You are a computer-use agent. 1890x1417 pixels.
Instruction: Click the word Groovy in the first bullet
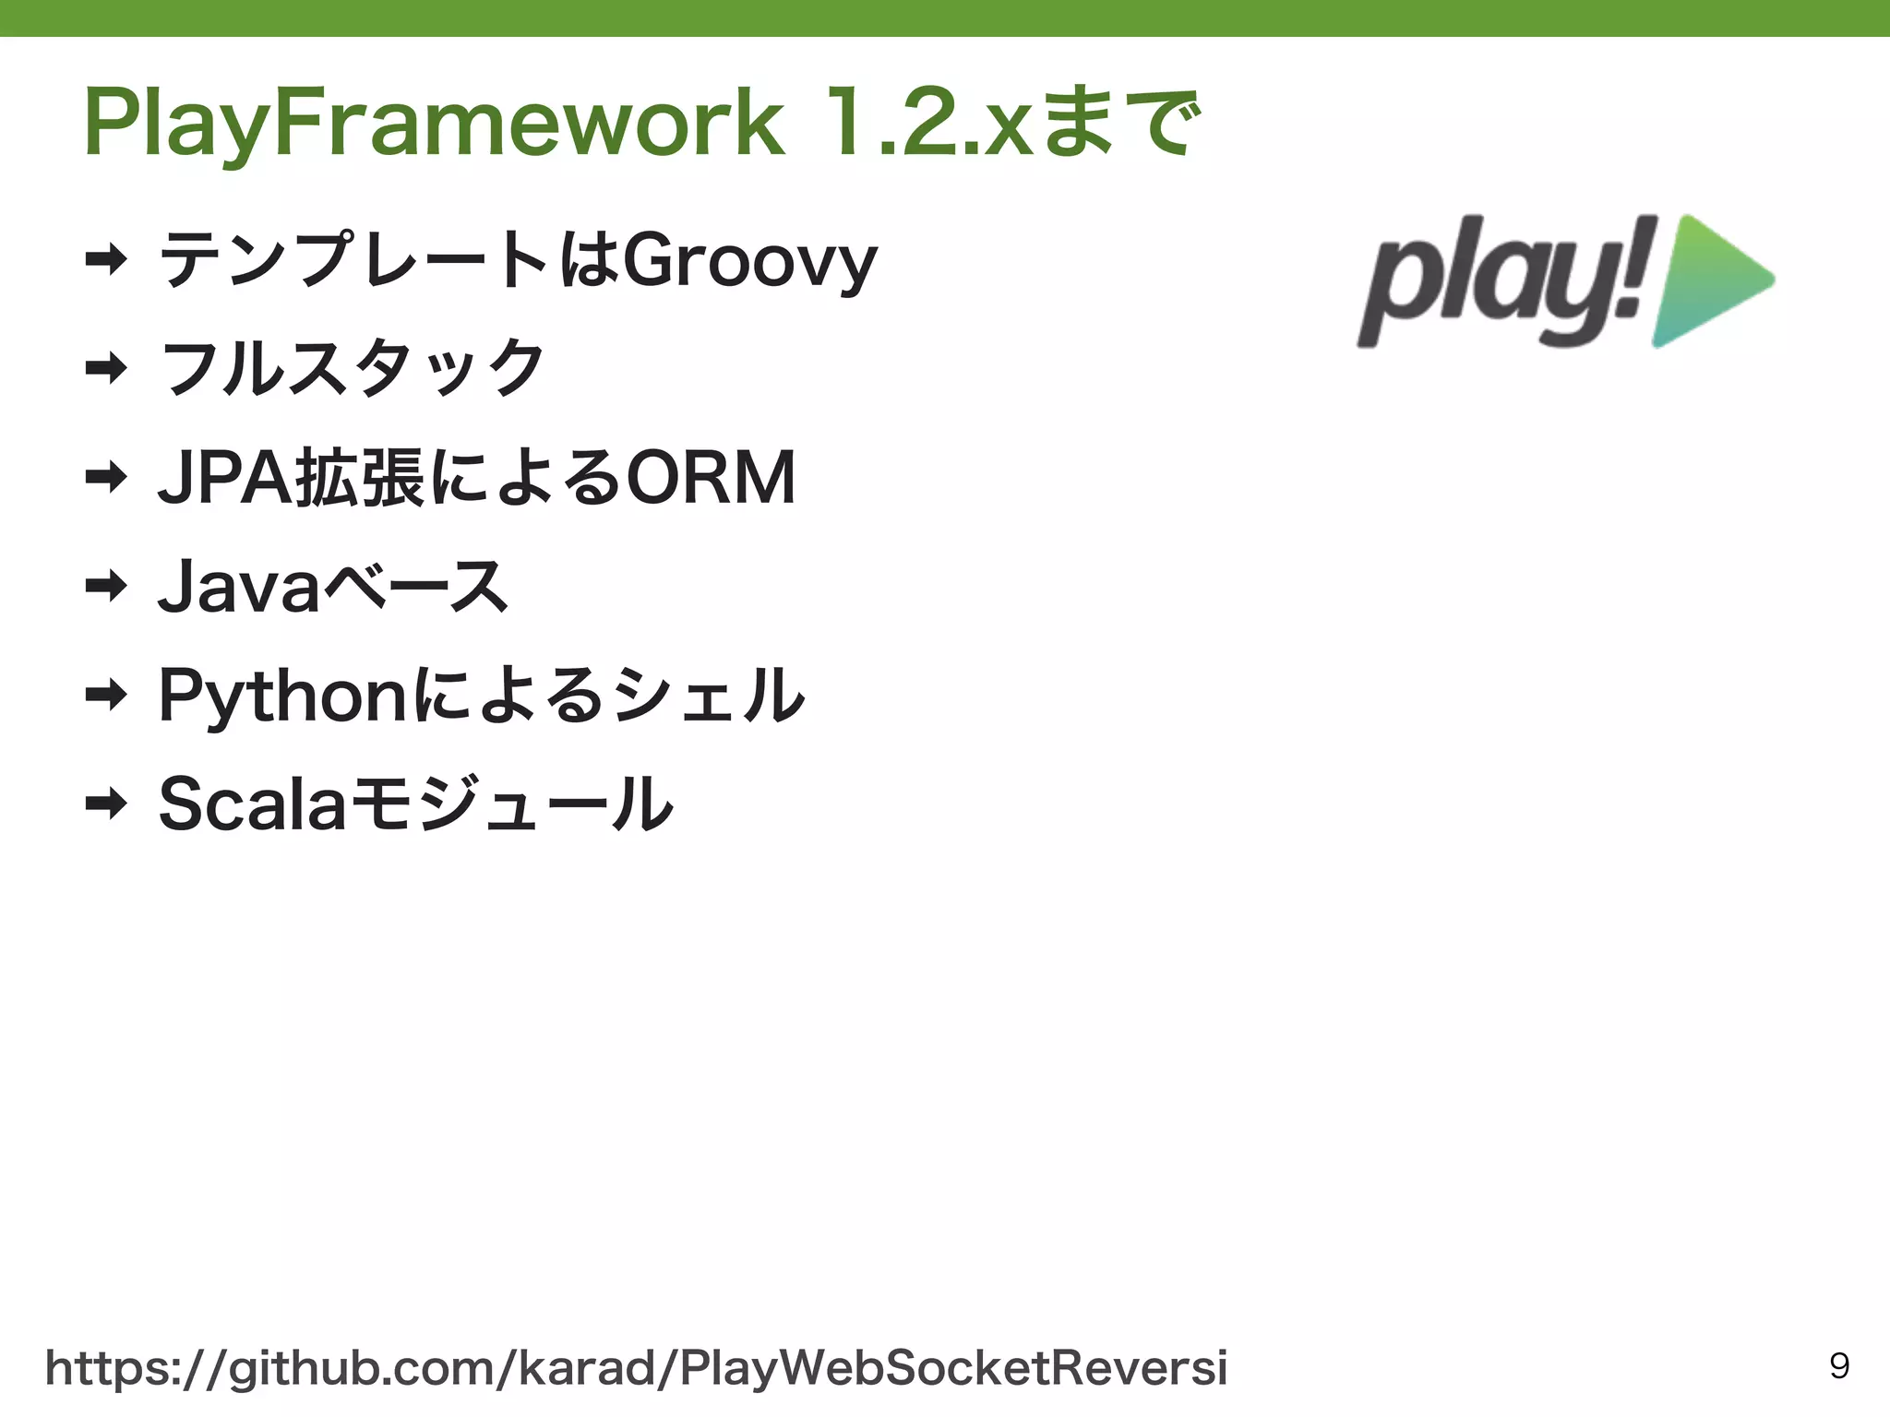[x=749, y=262]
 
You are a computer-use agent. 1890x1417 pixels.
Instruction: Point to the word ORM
[x=711, y=478]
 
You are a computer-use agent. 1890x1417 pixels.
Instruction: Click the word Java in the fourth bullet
[x=238, y=587]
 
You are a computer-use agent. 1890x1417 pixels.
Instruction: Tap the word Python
[x=281, y=697]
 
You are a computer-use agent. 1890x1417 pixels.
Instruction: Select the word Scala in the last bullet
[x=251, y=804]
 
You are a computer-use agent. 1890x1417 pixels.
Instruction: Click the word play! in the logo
[x=1504, y=281]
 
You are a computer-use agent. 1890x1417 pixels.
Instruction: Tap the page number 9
[x=1838, y=1366]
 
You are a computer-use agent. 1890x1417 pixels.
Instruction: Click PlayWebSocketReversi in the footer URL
[x=952, y=1368]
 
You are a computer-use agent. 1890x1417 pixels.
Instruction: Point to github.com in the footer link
[x=360, y=1368]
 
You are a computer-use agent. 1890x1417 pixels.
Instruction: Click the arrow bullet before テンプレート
[x=105, y=260]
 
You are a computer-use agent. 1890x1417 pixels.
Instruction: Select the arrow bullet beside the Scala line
[x=105, y=804]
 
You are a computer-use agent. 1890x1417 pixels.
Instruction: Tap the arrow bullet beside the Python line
[x=105, y=695]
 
